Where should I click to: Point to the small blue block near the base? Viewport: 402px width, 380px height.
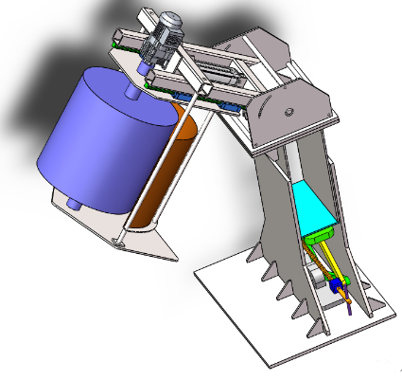[336, 284]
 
